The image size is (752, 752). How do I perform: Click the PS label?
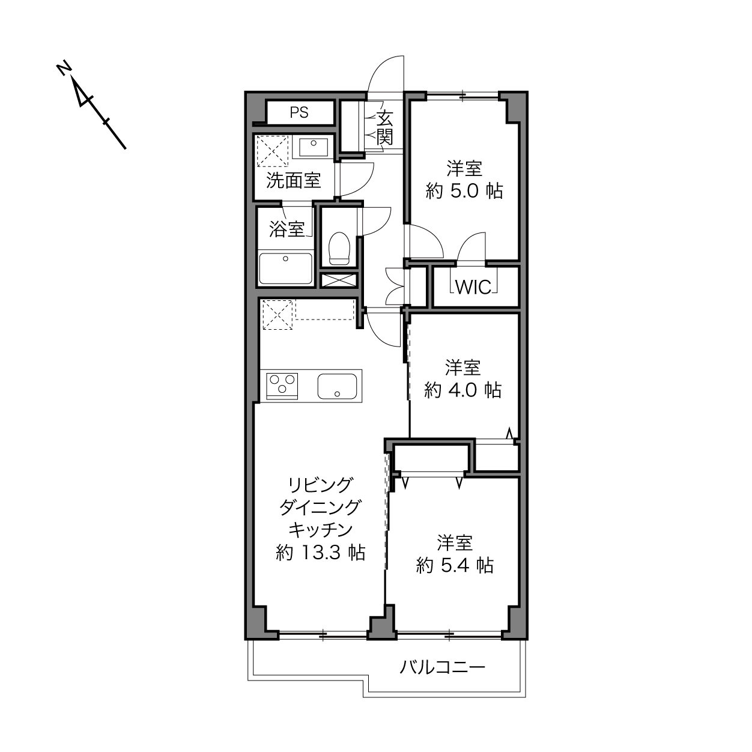299,112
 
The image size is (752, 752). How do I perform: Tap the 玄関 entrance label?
384,128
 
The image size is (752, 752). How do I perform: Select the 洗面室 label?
294,180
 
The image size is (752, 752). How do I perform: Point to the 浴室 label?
287,229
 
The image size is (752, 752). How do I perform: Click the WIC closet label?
473,288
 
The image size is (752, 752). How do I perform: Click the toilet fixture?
339,248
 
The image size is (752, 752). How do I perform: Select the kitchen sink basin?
337,386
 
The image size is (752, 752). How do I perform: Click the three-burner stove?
282,386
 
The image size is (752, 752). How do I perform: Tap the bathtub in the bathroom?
286,268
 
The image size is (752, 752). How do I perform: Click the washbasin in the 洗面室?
313,148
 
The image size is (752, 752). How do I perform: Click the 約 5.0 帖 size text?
464,191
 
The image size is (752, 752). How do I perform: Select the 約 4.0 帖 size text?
462,390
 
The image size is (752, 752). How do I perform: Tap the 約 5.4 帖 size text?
455,565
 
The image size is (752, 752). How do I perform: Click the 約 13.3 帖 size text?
320,553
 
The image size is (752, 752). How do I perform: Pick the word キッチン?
320,530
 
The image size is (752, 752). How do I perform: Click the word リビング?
320,485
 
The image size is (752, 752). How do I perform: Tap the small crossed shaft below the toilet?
339,280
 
